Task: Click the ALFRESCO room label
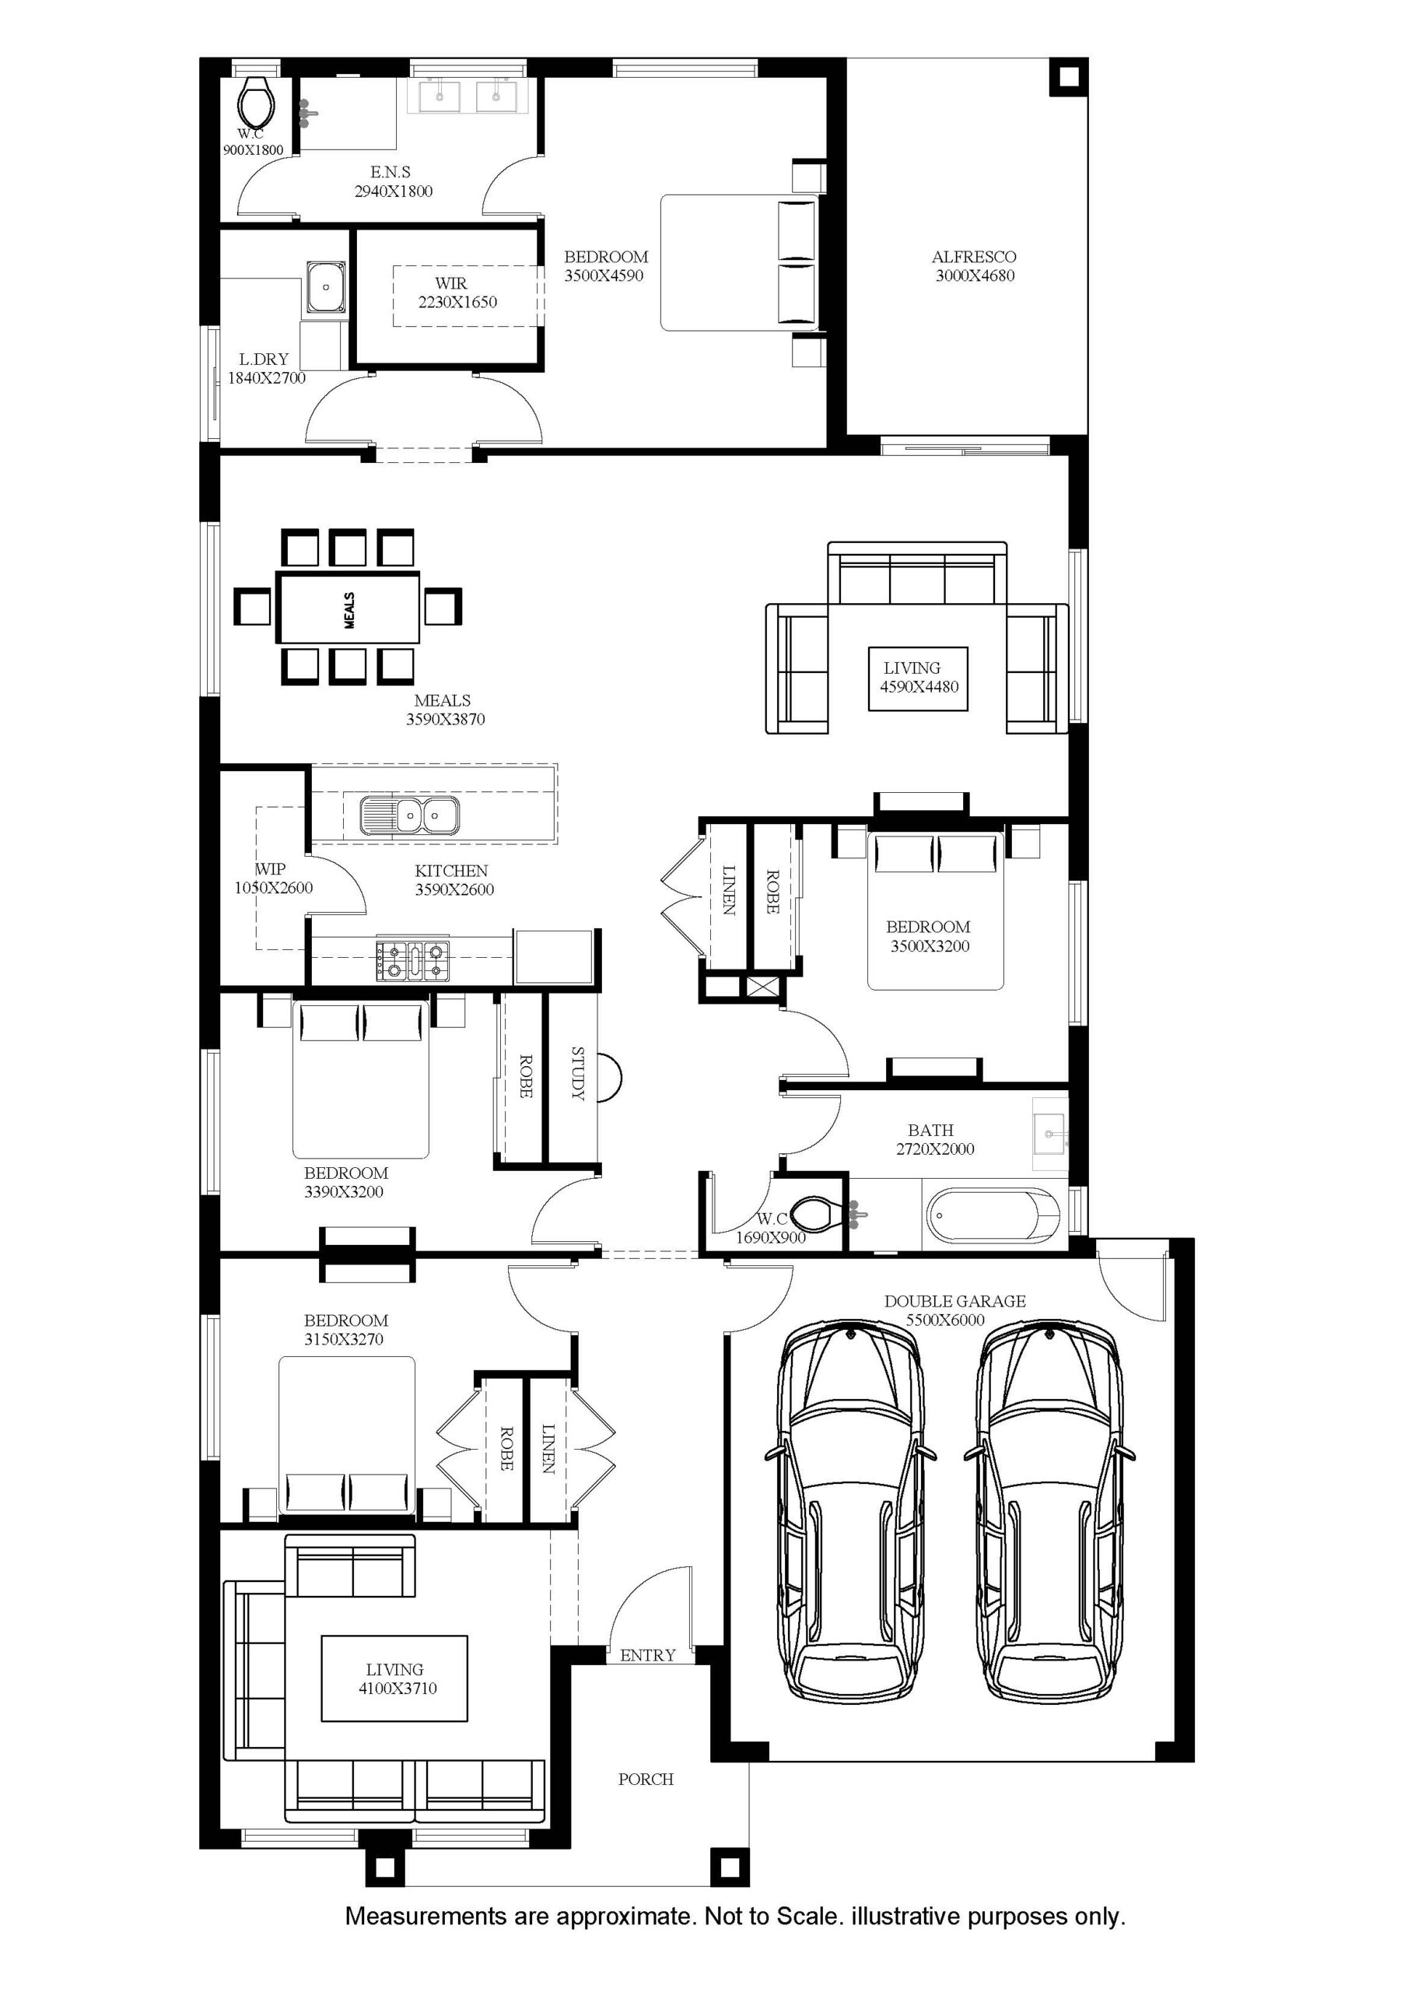click(x=973, y=257)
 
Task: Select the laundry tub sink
click(x=325, y=287)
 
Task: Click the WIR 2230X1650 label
click(x=457, y=293)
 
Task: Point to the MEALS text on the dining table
click(x=348, y=610)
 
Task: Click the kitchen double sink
click(x=410, y=815)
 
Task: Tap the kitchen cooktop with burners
click(x=413, y=960)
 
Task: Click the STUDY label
click(x=578, y=1073)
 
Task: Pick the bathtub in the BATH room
click(x=993, y=1215)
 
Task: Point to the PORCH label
click(x=646, y=1780)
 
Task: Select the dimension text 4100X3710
click(x=398, y=1689)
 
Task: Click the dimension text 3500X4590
click(x=604, y=276)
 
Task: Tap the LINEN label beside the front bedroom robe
click(x=548, y=1449)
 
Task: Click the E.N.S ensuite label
click(x=391, y=172)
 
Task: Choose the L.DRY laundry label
click(x=264, y=359)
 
